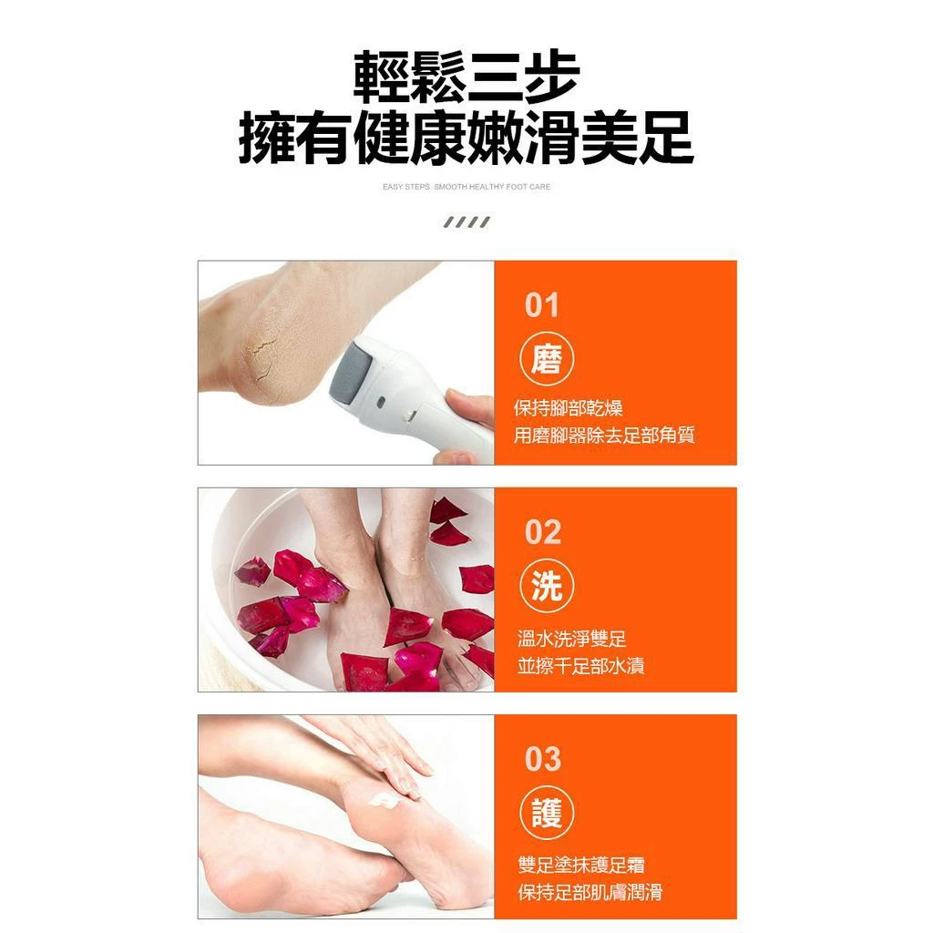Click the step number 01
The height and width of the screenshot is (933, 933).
click(541, 306)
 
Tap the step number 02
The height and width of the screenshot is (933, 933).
click(543, 533)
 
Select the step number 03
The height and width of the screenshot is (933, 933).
click(543, 759)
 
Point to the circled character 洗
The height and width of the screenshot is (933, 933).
click(547, 588)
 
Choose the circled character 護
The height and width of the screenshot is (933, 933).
click(547, 814)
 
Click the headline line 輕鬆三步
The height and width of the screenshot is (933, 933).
click(466, 77)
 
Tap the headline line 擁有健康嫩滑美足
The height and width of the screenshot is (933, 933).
click(466, 139)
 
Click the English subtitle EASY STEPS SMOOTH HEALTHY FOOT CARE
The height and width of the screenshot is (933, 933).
click(466, 187)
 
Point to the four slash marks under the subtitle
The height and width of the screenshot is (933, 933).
click(466, 222)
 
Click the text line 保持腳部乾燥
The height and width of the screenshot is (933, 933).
click(569, 408)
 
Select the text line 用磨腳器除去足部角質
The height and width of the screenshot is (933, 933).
click(604, 436)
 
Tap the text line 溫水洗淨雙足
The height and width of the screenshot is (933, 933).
click(572, 639)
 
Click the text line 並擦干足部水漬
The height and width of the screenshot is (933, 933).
click(581, 666)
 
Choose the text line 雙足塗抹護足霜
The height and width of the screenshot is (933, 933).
click(581, 865)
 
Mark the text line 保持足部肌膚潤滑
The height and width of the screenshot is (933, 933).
click(590, 892)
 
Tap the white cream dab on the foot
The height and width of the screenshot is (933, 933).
click(384, 800)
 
